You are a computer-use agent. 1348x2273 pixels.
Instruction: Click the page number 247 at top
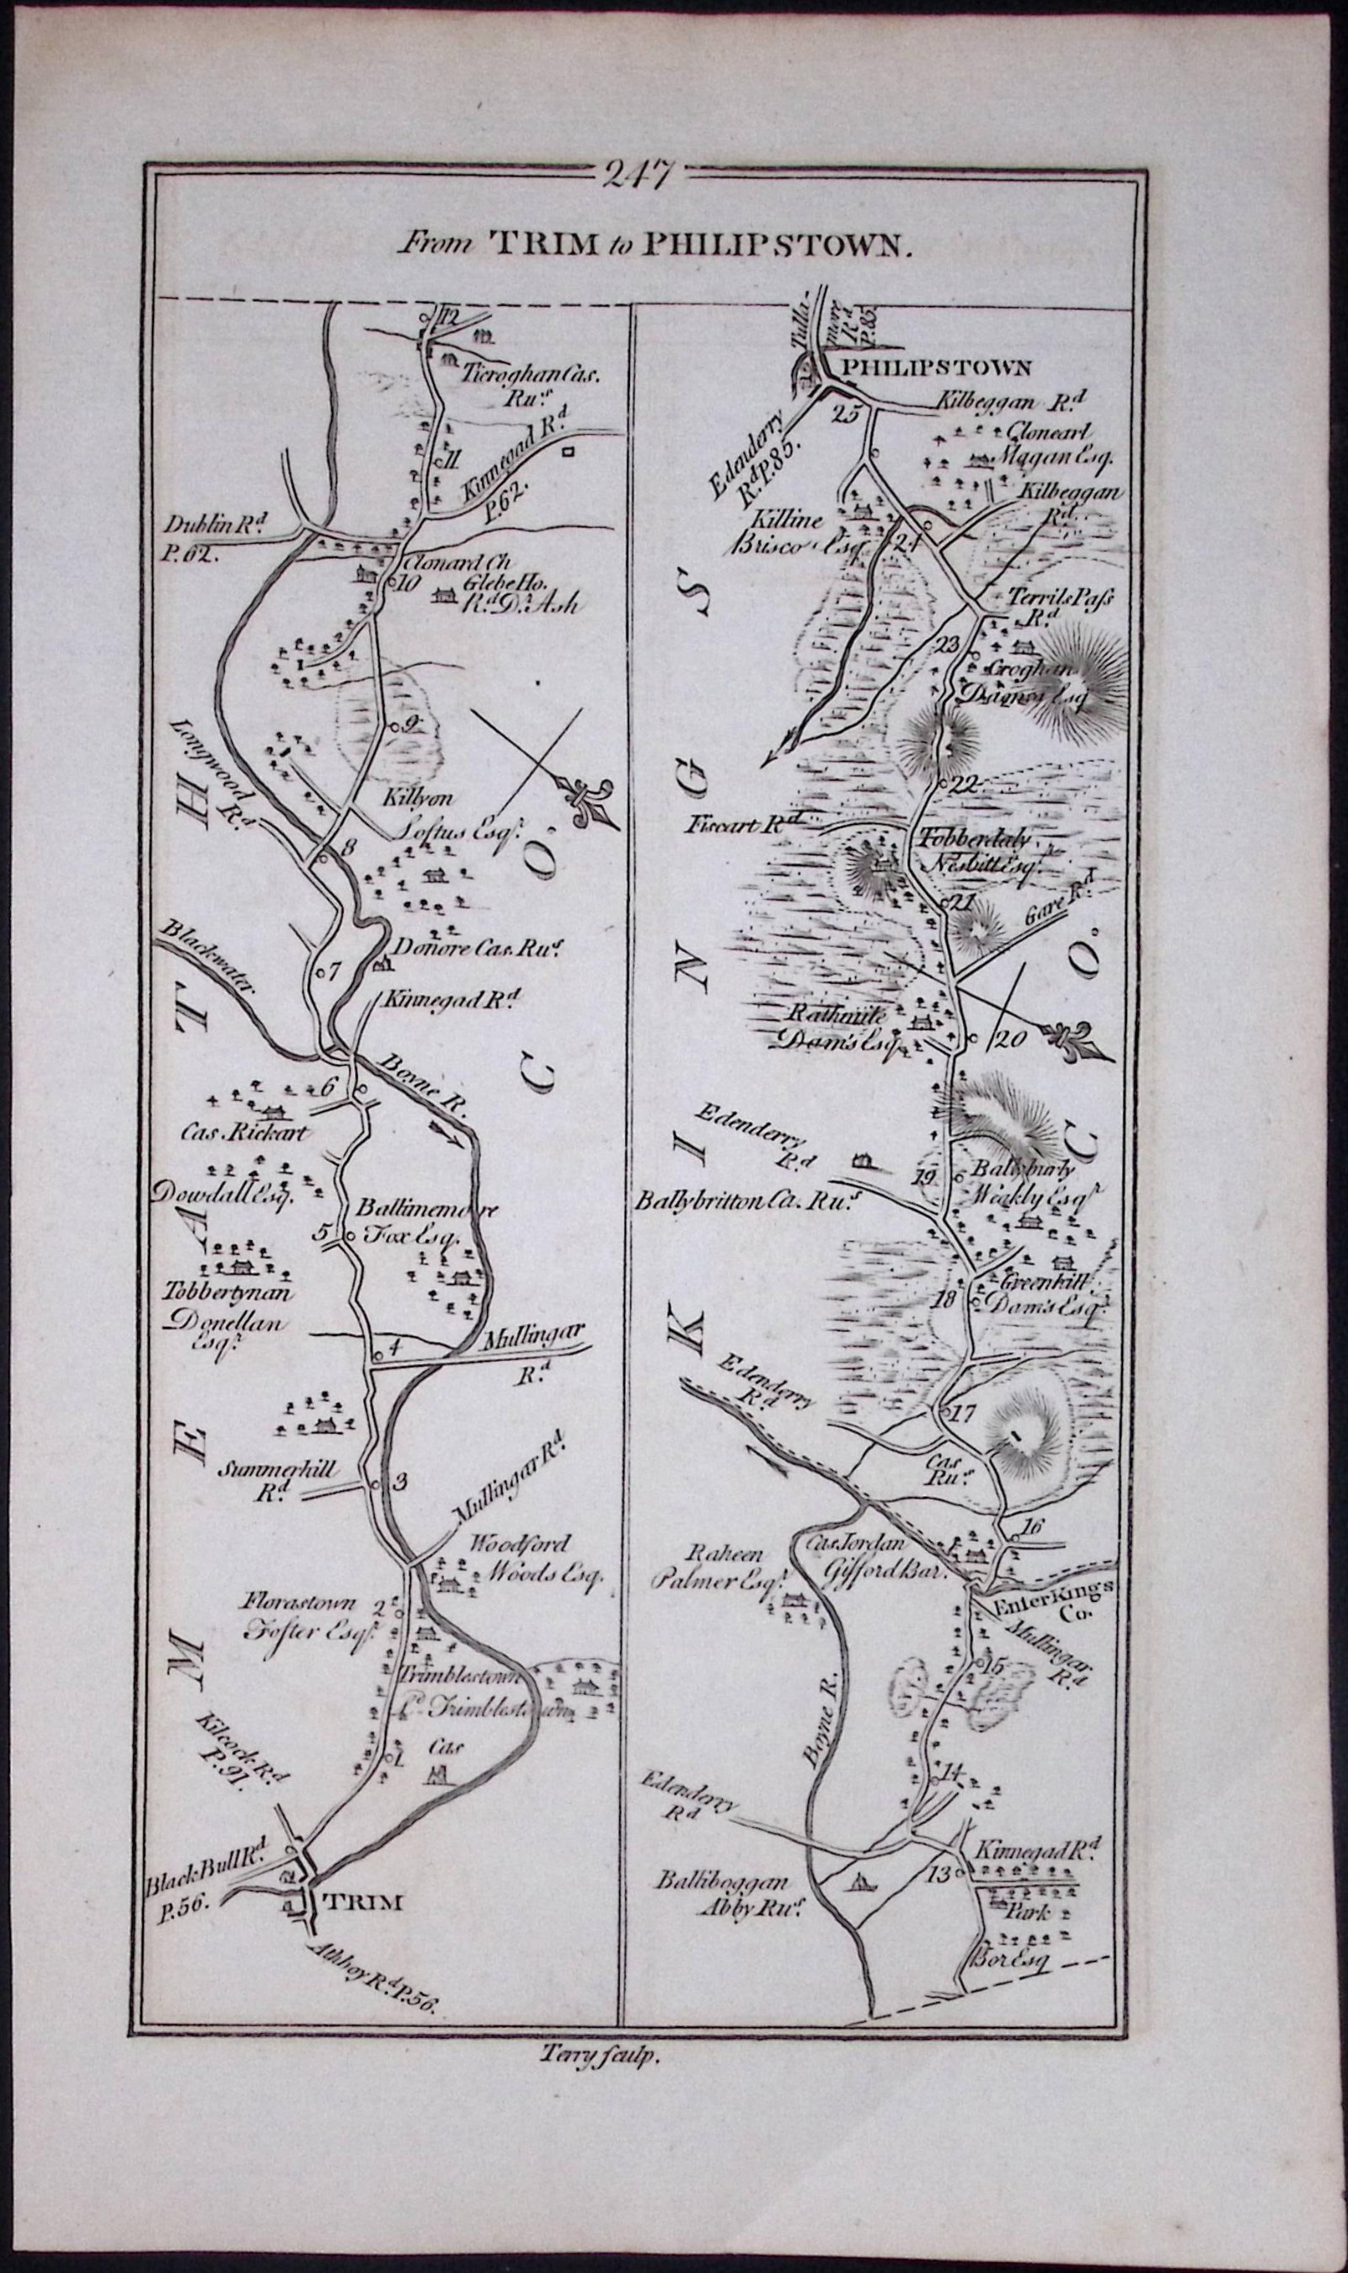636,173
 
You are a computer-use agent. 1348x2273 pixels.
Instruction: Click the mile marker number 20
1008,1040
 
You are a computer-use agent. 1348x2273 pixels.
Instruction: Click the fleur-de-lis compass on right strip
1078,1036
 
